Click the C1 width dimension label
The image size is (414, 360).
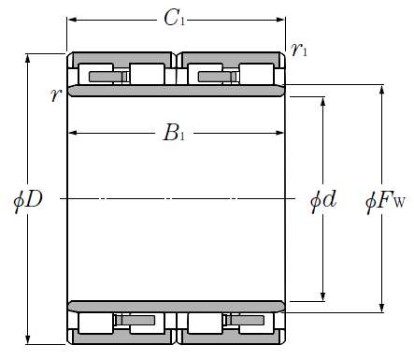175,18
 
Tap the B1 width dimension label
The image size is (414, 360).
174,133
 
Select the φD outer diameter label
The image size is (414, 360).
28,199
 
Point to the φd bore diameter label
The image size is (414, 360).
323,199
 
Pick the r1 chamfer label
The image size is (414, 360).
299,50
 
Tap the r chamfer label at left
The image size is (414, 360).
56,94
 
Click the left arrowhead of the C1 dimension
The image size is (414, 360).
72,20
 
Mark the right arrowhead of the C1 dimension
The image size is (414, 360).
280,20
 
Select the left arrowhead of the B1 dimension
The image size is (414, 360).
73,133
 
